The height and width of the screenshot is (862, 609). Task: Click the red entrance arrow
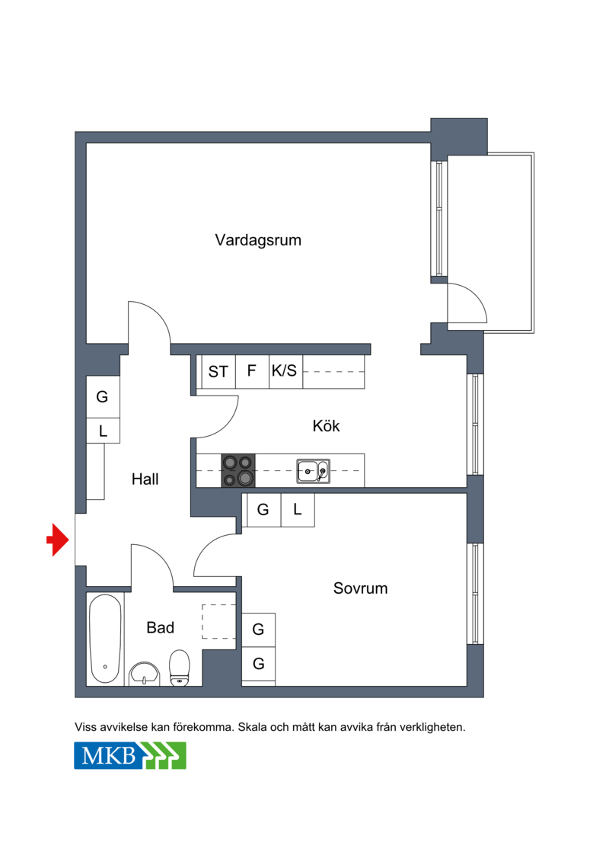tap(58, 540)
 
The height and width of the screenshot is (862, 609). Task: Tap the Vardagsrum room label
tap(258, 240)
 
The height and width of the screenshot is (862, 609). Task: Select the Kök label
tap(326, 425)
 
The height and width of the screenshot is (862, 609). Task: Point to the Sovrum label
tap(360, 588)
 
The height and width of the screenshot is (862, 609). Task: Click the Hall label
tap(145, 479)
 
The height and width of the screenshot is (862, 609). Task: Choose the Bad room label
tap(161, 627)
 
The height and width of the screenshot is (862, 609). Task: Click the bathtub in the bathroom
tap(105, 639)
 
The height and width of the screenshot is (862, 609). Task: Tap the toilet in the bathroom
tap(179, 668)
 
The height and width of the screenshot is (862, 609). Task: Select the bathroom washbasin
tap(144, 674)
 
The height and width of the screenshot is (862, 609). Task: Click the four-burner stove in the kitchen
tap(238, 470)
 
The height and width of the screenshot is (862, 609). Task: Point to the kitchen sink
tap(313, 471)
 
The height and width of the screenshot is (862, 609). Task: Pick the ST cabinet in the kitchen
tap(218, 372)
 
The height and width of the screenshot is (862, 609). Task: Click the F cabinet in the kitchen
tap(252, 372)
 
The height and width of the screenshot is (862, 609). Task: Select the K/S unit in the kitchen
tap(285, 372)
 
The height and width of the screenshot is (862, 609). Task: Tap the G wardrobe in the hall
tap(103, 397)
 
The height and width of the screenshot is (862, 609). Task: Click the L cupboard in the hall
tap(103, 431)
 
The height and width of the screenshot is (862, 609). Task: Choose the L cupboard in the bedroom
tap(298, 510)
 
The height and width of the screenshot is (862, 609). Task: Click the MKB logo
tap(130, 755)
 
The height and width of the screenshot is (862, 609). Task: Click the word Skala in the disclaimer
tap(252, 727)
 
